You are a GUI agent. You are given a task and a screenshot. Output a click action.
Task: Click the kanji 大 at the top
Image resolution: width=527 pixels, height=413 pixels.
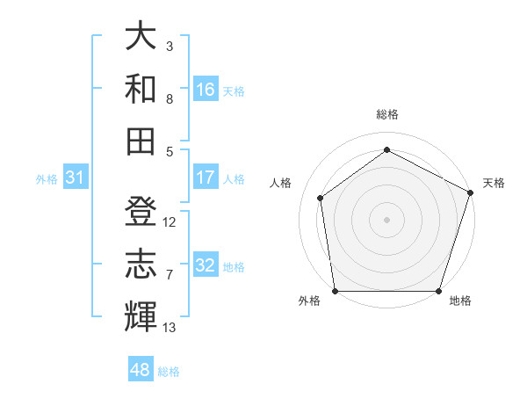point(141,37)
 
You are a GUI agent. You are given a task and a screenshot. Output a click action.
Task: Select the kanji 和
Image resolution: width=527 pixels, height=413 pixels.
point(141,88)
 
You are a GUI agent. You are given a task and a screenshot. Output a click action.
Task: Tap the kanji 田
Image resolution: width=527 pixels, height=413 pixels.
point(141,141)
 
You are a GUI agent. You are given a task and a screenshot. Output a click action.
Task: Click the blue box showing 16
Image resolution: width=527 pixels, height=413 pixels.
point(206,90)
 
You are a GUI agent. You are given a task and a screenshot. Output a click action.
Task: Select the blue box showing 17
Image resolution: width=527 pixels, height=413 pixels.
point(206,178)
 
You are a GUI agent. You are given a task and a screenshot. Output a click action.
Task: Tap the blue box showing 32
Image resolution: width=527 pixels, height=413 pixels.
point(206,266)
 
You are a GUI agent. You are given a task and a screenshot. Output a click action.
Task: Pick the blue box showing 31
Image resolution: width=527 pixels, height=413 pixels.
point(75,178)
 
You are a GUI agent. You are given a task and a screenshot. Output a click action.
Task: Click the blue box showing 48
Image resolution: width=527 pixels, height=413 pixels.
point(140,370)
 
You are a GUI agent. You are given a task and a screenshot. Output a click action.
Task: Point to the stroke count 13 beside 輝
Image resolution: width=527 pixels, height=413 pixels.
point(170,328)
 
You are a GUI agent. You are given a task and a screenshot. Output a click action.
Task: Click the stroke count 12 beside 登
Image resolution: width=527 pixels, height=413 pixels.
point(170,222)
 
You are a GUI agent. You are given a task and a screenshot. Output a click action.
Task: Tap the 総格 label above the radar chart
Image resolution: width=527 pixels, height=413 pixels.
point(386,114)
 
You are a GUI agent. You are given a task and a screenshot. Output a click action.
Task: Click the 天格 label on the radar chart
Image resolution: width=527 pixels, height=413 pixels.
point(494,183)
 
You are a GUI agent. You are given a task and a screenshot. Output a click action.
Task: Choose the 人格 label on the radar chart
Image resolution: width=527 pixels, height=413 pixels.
point(280,183)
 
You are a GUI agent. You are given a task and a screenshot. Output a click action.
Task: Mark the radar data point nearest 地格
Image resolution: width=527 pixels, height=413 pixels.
point(439,291)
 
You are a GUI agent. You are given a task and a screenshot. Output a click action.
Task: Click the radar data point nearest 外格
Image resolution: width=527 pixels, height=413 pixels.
point(335,291)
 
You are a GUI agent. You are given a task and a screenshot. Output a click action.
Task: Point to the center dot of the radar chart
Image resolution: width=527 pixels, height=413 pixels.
point(386,219)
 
